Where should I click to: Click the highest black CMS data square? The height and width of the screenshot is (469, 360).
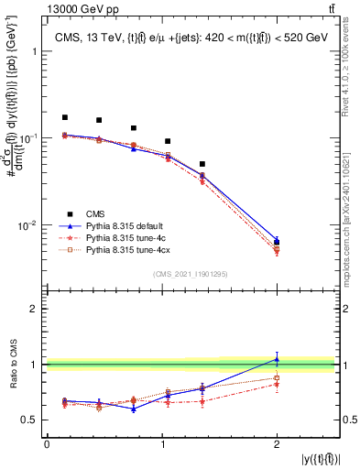click(64, 117)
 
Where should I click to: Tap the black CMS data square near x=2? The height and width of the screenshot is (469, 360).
click(277, 243)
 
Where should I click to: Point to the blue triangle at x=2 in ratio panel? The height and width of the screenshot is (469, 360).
click(277, 358)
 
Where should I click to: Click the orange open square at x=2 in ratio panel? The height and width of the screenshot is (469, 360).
click(277, 377)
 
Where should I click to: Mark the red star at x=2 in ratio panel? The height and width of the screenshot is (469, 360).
click(277, 385)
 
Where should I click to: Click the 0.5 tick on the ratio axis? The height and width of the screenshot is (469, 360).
click(34, 420)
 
